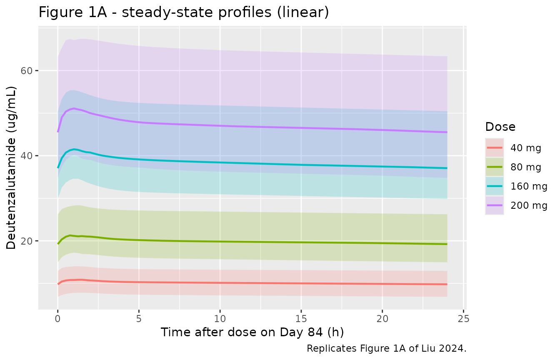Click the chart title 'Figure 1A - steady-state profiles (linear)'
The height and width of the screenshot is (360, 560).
point(184,12)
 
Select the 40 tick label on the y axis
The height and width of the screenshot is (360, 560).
point(27,156)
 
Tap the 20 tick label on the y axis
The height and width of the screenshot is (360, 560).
point(27,241)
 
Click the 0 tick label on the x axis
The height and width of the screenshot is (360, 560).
point(58,319)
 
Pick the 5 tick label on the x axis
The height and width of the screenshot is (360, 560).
point(139,319)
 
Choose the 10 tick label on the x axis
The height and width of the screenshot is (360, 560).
point(220,319)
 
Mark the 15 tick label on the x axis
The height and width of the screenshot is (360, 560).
point(301,319)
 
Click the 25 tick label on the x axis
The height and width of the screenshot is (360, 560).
point(463,319)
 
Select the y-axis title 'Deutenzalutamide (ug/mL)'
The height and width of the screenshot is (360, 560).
point(11,168)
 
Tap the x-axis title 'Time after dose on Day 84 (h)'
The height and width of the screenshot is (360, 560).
point(252,332)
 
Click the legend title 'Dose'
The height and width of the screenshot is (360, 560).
point(500,127)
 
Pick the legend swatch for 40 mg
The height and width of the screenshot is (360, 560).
point(495,148)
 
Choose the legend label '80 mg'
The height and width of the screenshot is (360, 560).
point(526,167)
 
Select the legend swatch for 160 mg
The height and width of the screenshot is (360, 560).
point(495,186)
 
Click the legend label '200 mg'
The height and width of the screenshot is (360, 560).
point(529,205)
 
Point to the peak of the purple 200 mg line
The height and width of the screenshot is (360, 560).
point(74,108)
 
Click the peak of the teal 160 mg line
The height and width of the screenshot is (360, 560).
point(74,149)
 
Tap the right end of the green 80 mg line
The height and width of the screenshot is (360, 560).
point(447,244)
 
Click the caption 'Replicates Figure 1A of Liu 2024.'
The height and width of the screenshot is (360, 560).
point(387,348)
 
